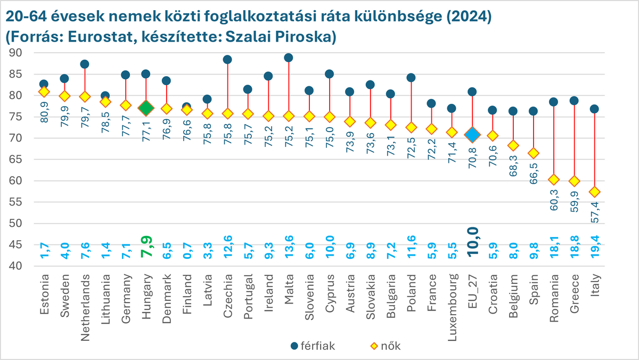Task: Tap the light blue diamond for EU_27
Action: pos(472,134)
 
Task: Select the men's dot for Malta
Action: pos(289,58)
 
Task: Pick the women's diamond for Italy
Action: pos(594,192)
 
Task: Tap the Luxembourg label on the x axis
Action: pos(452,300)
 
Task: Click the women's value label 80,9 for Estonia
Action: pos(44,112)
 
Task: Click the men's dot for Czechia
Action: pos(227,60)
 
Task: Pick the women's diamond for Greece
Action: pos(574,181)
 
